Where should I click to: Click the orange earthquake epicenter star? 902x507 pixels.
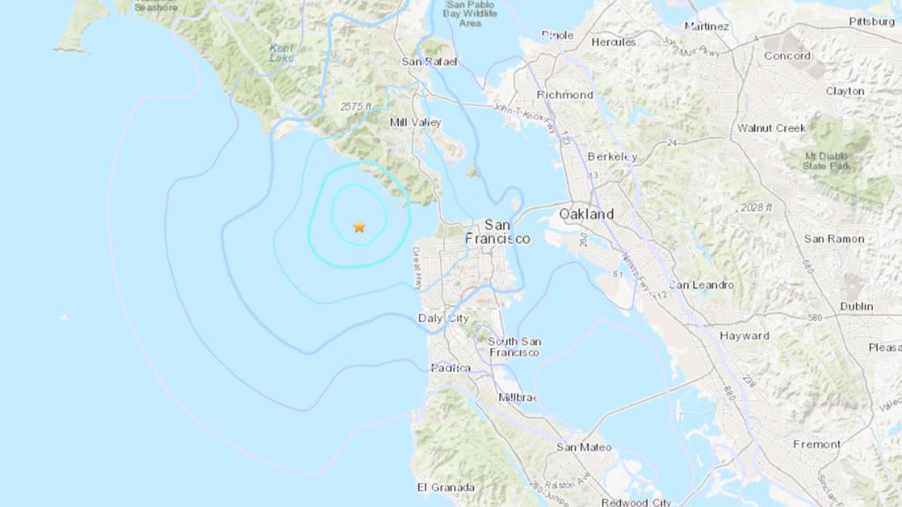[359, 227]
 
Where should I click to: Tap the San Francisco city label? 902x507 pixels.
[497, 231]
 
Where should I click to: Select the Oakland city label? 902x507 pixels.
[586, 214]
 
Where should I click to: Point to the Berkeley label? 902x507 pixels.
[612, 157]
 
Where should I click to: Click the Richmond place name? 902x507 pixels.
[564, 95]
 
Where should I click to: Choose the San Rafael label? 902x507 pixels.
[430, 62]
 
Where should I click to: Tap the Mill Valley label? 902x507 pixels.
[415, 123]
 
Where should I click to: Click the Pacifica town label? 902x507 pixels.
[450, 368]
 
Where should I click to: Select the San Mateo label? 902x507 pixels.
[584, 448]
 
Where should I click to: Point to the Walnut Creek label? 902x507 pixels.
[771, 128]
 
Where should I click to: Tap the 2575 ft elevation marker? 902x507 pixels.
[354, 107]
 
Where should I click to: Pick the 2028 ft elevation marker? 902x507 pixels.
[758, 208]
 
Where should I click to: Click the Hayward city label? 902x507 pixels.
[744, 336]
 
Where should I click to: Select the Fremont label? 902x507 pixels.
[817, 445]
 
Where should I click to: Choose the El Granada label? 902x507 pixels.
[445, 487]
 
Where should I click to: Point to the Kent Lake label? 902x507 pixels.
[281, 53]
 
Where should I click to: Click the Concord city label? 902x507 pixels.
[786, 56]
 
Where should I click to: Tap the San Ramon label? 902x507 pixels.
[834, 239]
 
